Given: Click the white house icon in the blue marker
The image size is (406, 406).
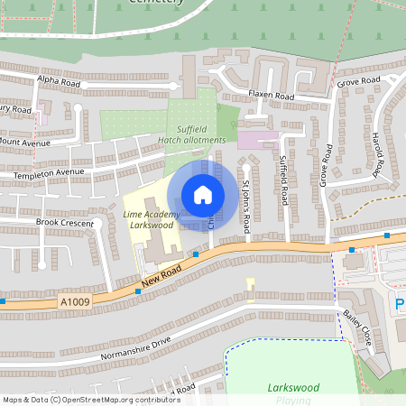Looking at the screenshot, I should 203,195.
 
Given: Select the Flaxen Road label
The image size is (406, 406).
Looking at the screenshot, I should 273,96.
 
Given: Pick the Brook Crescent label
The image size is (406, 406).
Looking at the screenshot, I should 64,222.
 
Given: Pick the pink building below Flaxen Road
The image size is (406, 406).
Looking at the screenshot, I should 258,141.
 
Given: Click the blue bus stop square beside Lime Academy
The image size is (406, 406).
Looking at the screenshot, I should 196,255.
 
